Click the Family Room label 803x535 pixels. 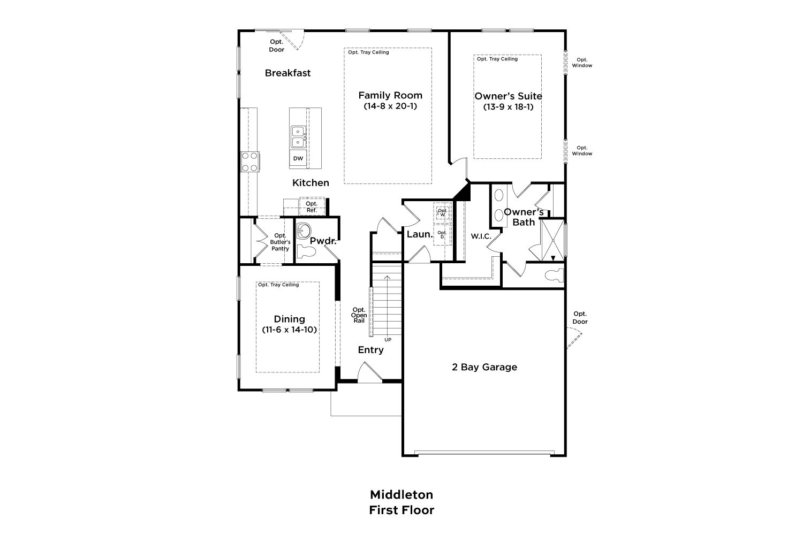coord(390,95)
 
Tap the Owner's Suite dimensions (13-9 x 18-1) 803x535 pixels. coord(509,107)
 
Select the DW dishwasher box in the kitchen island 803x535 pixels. coord(298,158)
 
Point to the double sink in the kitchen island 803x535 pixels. coord(298,137)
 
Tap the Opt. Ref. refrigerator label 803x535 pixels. coord(312,207)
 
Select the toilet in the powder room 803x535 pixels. coord(307,251)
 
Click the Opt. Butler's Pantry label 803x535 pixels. coord(281,242)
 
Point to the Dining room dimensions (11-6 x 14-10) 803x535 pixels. coord(290,330)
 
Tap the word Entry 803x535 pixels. coord(370,350)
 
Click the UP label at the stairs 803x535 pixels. coord(388,340)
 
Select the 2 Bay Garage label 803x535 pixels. coord(484,367)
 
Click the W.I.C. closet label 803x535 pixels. coord(481,236)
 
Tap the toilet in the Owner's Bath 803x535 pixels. coord(554,275)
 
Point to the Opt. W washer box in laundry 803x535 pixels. coord(443,212)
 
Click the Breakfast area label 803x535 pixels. coord(288,73)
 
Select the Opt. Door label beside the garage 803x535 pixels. coord(580,318)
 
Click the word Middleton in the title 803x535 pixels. coord(401,495)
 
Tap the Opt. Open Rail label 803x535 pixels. coord(359,315)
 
